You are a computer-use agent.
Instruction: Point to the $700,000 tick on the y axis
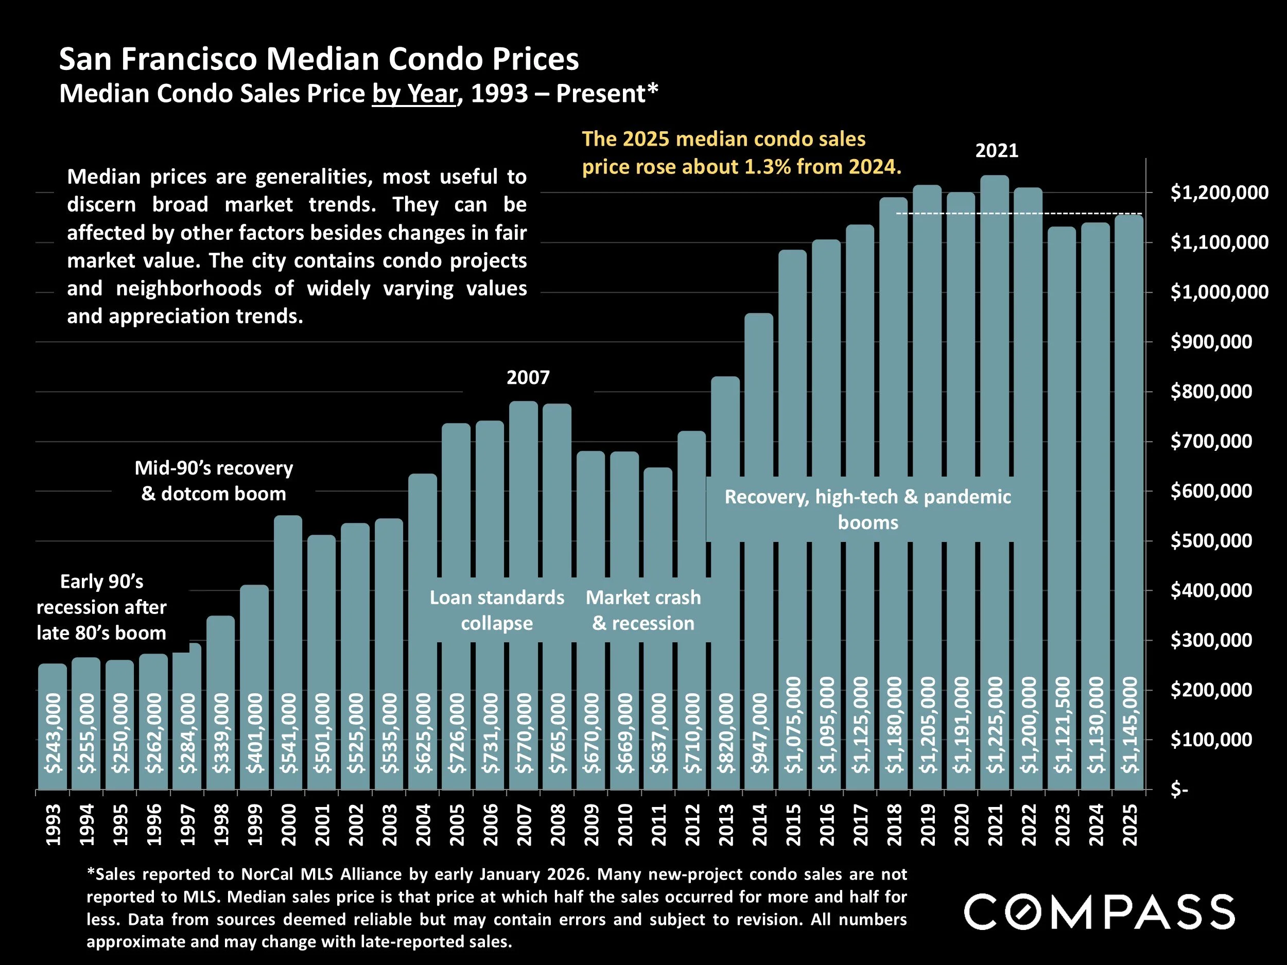pyautogui.click(x=1211, y=442)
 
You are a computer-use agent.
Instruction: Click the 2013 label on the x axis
pyautogui.click(x=726, y=825)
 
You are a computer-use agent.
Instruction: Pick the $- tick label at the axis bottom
pyautogui.click(x=1179, y=790)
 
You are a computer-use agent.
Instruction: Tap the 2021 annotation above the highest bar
pyautogui.click(x=997, y=151)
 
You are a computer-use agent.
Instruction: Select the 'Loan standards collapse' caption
pyautogui.click(x=497, y=610)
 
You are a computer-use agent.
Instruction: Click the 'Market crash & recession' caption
pyautogui.click(x=643, y=610)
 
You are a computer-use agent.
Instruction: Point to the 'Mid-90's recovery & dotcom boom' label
pyautogui.click(x=214, y=481)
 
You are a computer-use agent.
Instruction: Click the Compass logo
pyautogui.click(x=1099, y=913)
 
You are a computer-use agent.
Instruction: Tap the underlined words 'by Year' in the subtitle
pyautogui.click(x=414, y=94)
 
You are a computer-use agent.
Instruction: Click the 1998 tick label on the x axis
pyautogui.click(x=221, y=825)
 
